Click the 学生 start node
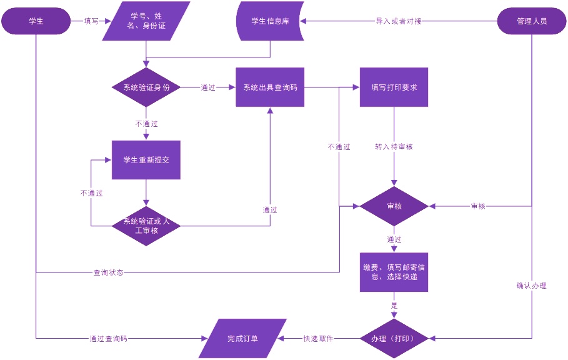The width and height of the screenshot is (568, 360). tap(36, 21)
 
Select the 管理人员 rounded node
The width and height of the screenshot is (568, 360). tap(532, 21)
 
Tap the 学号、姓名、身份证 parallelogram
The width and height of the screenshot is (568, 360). tap(146, 21)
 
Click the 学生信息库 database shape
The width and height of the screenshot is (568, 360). tap(270, 21)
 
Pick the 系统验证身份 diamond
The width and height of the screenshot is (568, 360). tap(146, 87)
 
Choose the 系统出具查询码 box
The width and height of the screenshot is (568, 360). tap(270, 87)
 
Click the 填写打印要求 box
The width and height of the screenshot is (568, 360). tap(394, 87)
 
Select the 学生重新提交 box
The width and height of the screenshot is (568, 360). tap(146, 159)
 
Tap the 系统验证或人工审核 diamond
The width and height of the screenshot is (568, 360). tap(146, 226)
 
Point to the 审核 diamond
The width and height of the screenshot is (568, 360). tap(394, 206)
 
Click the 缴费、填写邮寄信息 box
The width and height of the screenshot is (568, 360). tap(394, 272)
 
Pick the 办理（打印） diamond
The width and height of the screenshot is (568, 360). tap(394, 338)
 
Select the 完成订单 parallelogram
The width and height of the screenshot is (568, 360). tap(242, 338)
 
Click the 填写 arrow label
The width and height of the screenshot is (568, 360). tap(91, 21)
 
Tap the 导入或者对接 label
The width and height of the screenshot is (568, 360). tap(399, 21)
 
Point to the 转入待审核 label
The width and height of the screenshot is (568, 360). tap(394, 147)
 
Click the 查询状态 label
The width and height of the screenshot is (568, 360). tap(108, 272)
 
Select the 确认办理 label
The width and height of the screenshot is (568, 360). tap(532, 286)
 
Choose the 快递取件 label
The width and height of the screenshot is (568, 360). tap(318, 338)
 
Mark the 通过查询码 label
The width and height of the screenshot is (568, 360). tap(108, 338)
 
